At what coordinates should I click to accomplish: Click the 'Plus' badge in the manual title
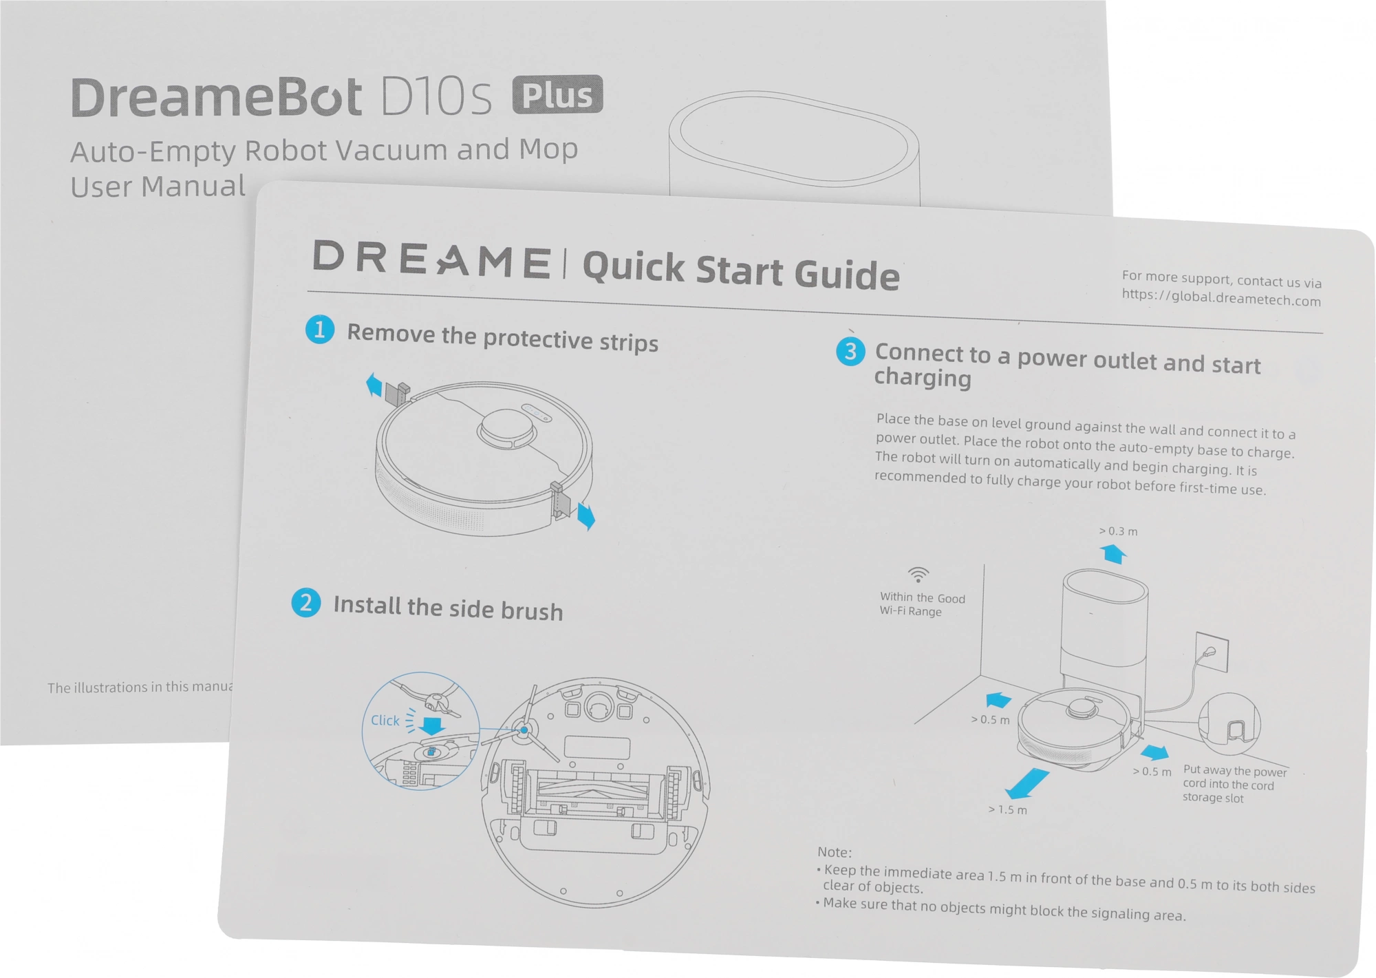pyautogui.click(x=557, y=95)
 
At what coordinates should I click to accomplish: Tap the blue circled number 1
pyautogui.click(x=320, y=330)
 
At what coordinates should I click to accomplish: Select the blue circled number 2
pyautogui.click(x=306, y=602)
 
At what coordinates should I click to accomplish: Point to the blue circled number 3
pyautogui.click(x=850, y=351)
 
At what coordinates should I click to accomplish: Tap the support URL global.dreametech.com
pyautogui.click(x=1221, y=298)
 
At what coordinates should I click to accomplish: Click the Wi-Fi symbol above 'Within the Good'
pyautogui.click(x=918, y=574)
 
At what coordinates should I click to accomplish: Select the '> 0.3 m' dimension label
pyautogui.click(x=1118, y=531)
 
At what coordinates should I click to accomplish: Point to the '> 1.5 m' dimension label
pyautogui.click(x=1008, y=810)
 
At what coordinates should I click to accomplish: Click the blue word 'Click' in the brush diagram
pyautogui.click(x=385, y=720)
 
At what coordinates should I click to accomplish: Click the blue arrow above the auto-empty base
pyautogui.click(x=1113, y=553)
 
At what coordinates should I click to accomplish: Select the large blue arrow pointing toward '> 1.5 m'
pyautogui.click(x=1027, y=784)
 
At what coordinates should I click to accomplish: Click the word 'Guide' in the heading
pyautogui.click(x=847, y=274)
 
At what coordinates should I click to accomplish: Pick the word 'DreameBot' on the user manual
pyautogui.click(x=216, y=97)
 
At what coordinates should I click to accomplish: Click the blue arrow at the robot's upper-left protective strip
pyautogui.click(x=374, y=385)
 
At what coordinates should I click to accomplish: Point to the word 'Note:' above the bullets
pyautogui.click(x=835, y=852)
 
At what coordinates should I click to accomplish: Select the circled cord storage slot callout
pyautogui.click(x=1229, y=724)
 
